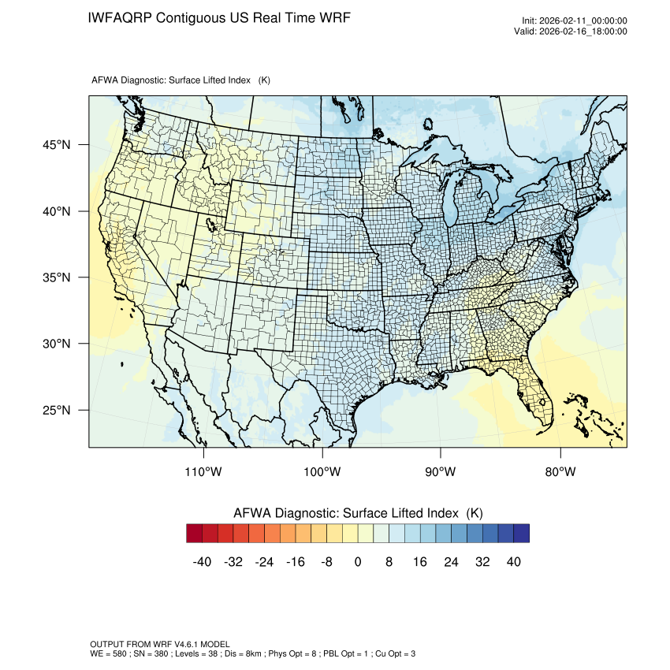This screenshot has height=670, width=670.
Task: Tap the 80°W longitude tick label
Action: click(560, 471)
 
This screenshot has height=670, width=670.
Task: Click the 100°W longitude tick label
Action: click(322, 471)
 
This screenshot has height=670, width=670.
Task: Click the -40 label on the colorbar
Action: click(203, 561)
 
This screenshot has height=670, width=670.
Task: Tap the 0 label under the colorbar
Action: click(358, 561)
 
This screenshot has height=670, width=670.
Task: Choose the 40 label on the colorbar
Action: click(513, 561)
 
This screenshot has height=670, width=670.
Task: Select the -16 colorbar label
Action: click(296, 561)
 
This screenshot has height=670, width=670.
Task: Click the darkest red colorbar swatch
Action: click(195, 534)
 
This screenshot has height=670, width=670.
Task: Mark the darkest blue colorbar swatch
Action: click(521, 534)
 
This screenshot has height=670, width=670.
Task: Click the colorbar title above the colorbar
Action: click(358, 512)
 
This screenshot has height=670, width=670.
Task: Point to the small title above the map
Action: click(181, 80)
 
